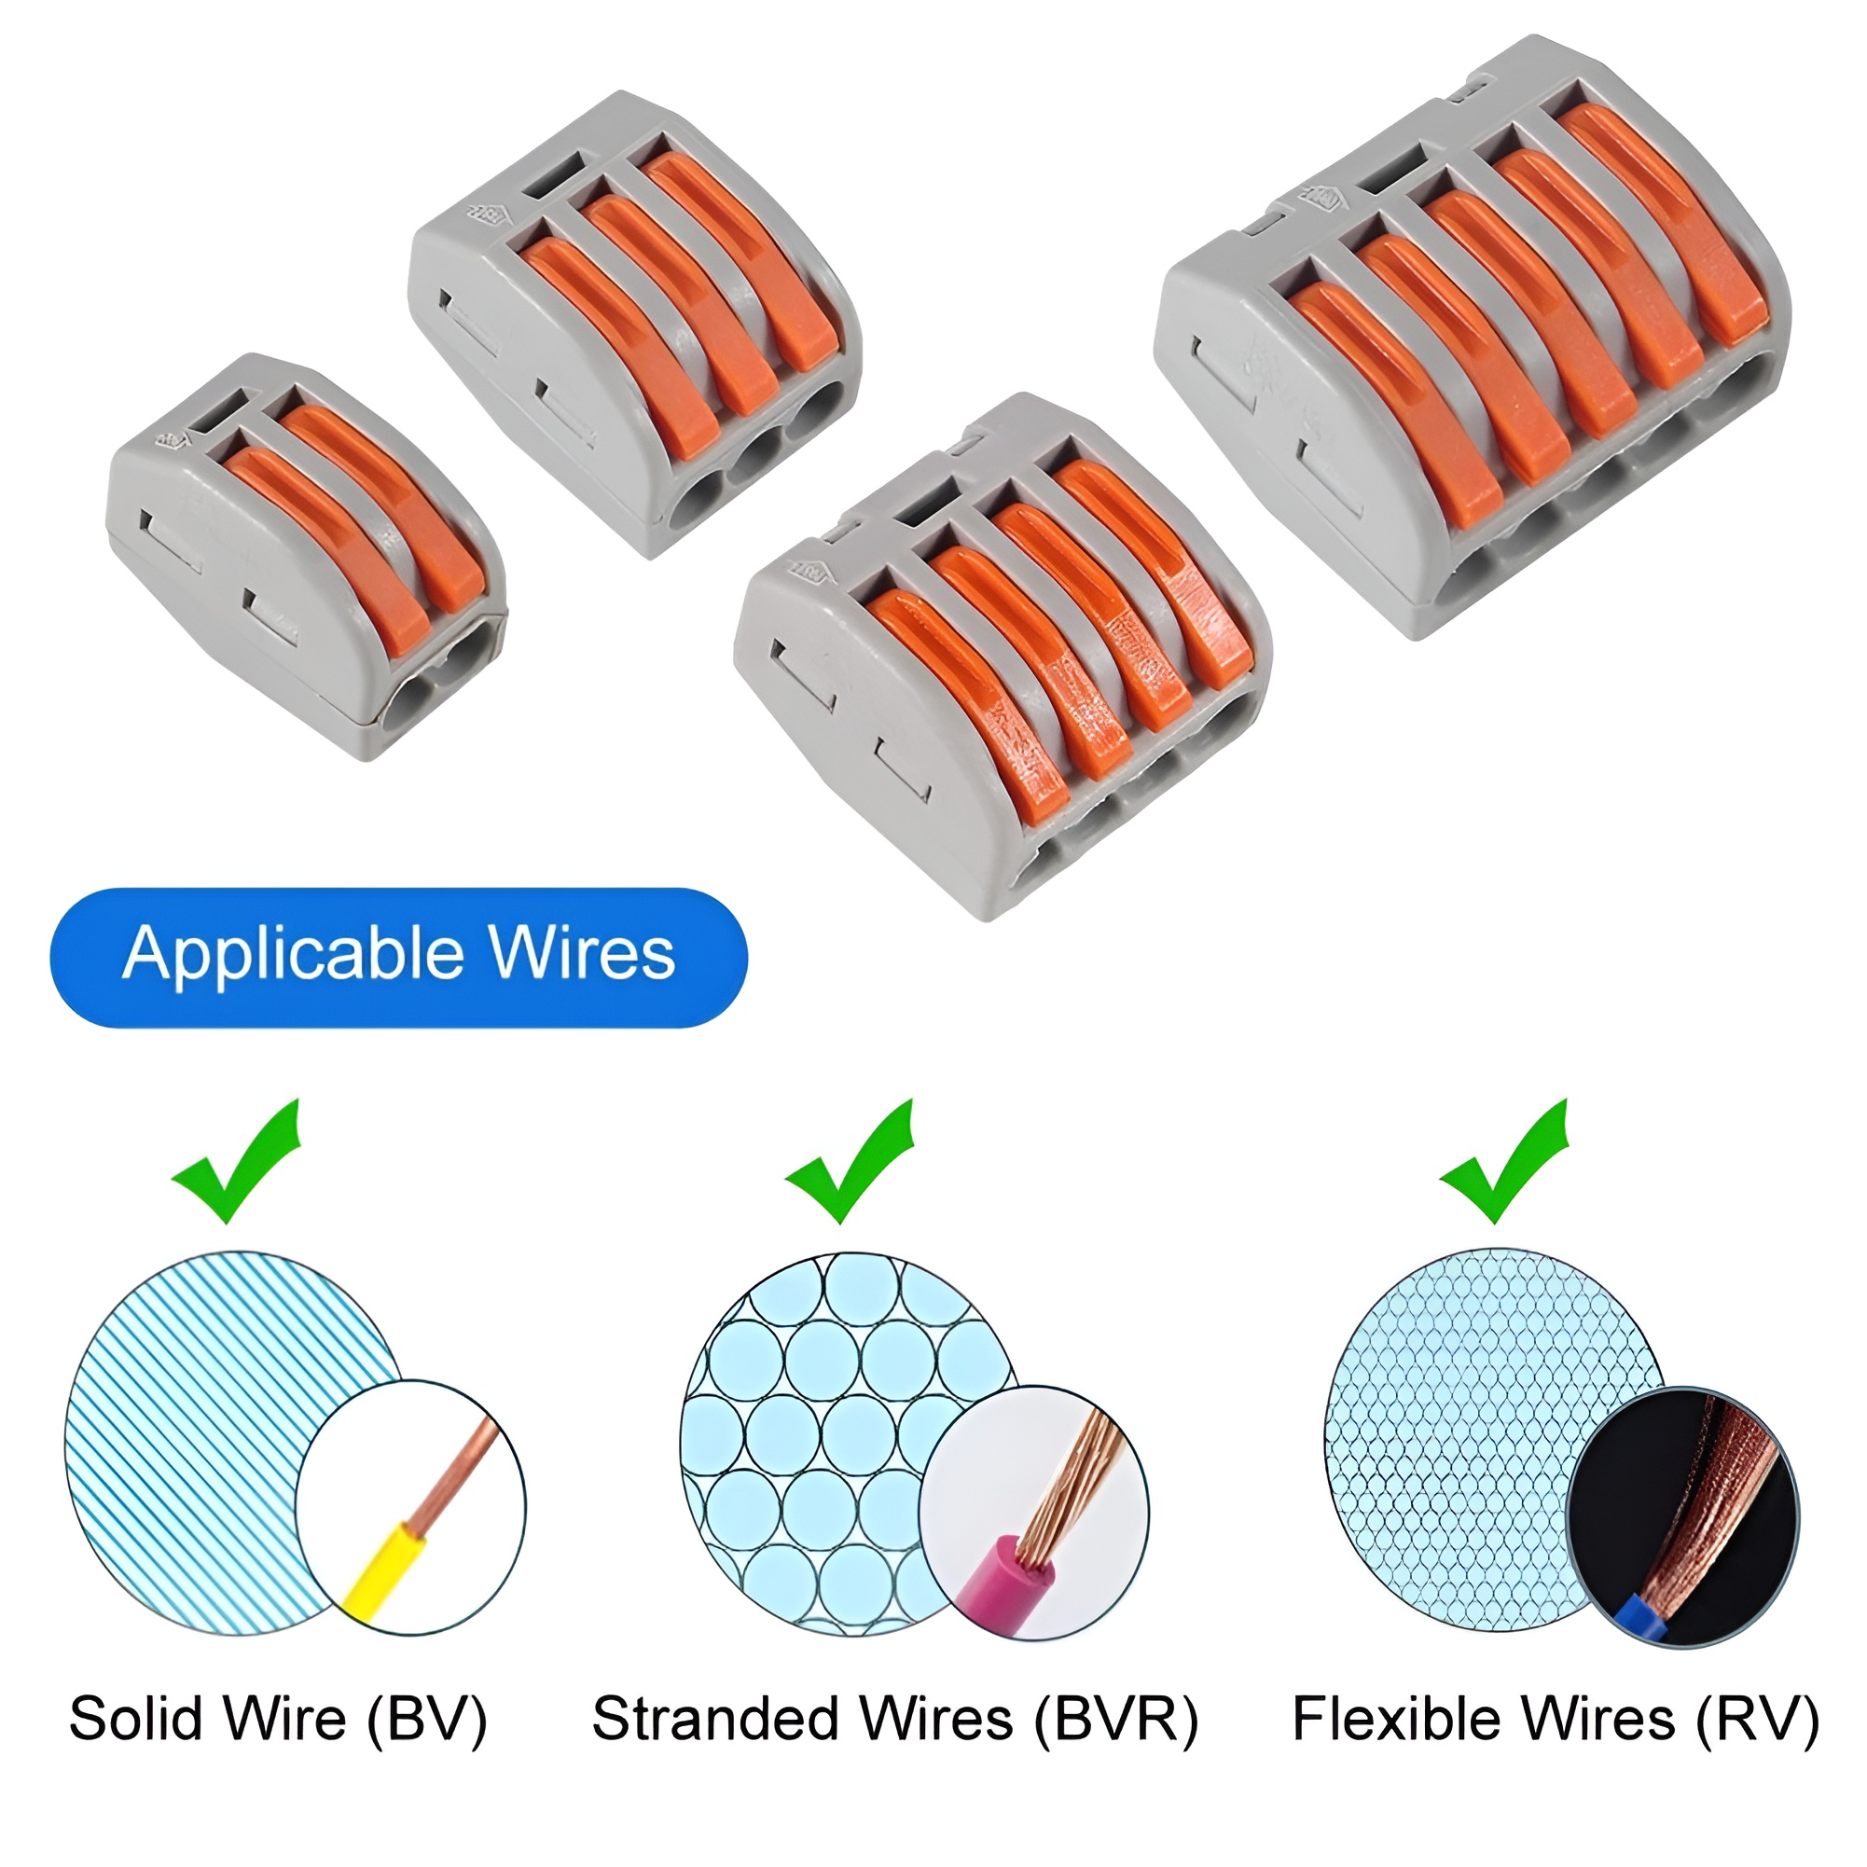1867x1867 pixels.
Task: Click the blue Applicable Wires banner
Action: click(x=398, y=956)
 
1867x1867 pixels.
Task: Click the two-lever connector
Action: click(x=306, y=555)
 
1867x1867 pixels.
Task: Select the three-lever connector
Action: click(x=636, y=323)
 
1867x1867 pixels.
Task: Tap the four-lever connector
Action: click(x=1003, y=657)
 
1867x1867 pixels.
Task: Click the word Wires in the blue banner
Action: click(x=582, y=954)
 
